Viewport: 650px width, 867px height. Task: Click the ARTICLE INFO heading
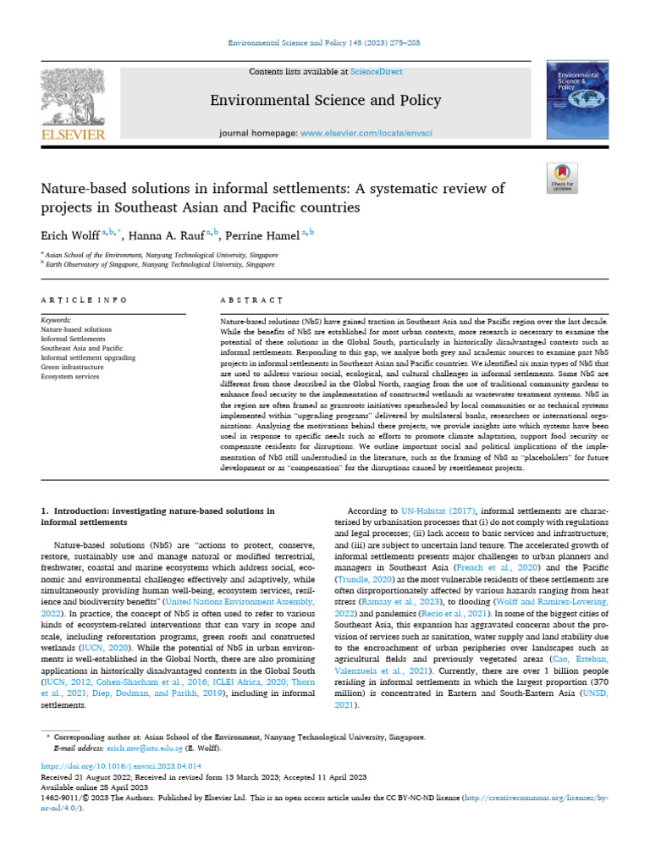tap(84, 301)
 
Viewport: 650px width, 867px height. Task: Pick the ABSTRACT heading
tap(251, 301)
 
